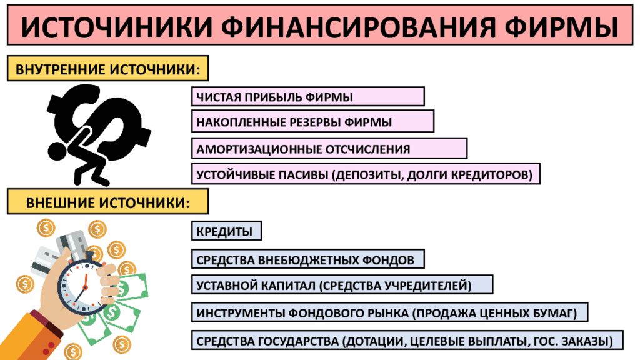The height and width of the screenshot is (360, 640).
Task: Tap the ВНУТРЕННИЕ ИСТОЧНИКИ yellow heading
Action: tap(107, 68)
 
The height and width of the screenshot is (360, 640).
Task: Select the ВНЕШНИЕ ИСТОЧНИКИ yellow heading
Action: tap(107, 202)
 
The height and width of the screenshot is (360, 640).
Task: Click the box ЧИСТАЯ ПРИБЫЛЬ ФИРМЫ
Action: tap(308, 97)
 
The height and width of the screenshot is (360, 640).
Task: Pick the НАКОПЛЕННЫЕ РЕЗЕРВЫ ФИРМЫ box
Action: tap(312, 121)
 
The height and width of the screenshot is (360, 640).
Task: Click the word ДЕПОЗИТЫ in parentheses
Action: tap(369, 175)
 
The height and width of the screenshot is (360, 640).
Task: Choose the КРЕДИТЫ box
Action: tap(226, 231)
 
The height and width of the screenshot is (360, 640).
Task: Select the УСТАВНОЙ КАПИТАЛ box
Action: tap(342, 285)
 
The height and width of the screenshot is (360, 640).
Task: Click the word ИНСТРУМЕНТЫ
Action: tap(241, 313)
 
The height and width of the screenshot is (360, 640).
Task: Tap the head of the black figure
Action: tap(58, 151)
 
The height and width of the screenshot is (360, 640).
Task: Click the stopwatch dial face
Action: tap(83, 287)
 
